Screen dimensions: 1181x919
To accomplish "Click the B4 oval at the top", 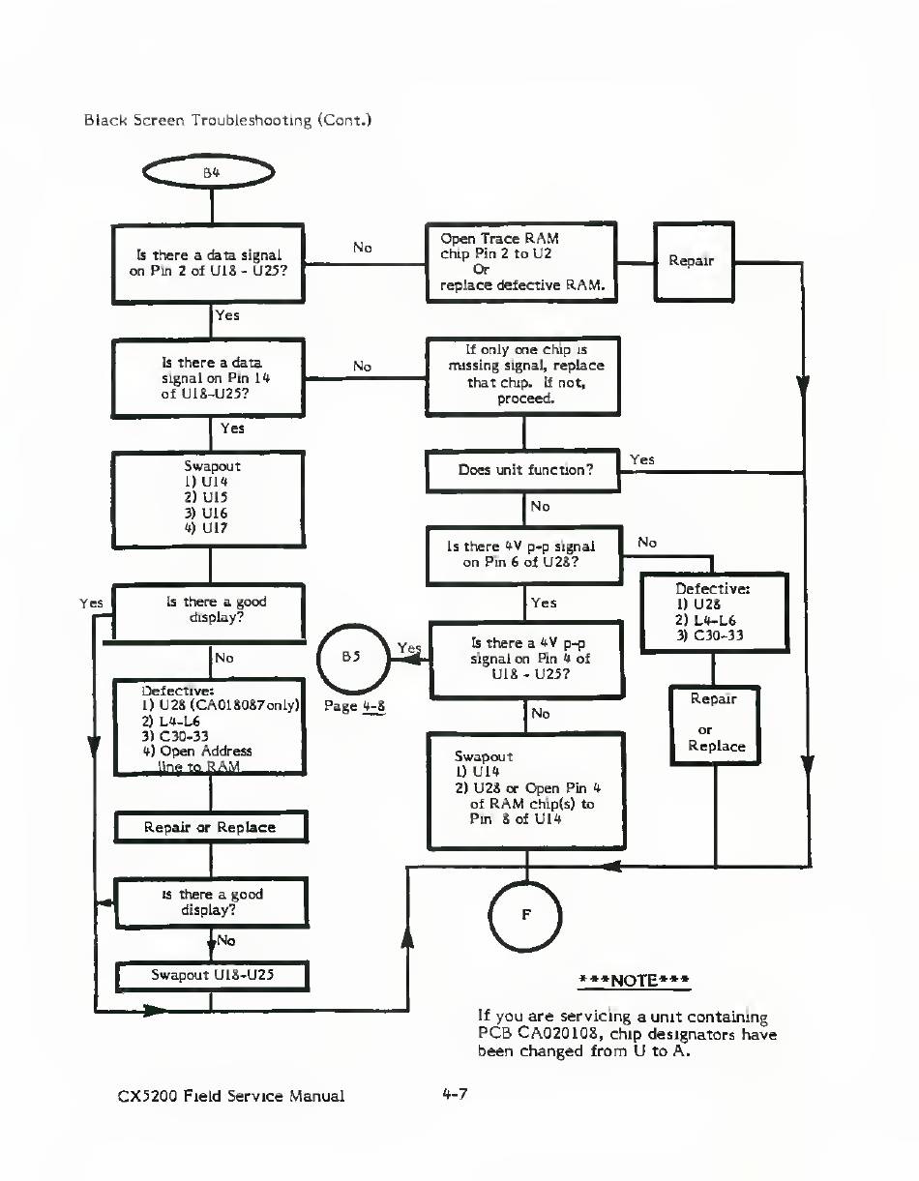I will (210, 174).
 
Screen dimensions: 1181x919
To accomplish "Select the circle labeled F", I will (525, 915).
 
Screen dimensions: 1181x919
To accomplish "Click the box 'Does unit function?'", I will (523, 471).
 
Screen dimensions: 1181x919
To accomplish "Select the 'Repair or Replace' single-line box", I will (210, 827).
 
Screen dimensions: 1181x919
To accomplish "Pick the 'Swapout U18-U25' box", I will (212, 975).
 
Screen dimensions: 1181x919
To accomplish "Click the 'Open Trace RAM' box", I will (521, 261).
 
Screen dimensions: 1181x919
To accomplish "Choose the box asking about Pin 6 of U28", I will (523, 554).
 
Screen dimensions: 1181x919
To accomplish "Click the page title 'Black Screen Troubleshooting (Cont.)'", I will (228, 121).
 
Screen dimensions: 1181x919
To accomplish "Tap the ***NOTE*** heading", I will (634, 979).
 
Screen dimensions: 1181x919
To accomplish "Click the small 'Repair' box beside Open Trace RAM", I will (693, 260).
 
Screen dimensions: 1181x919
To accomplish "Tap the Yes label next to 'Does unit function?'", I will (642, 459).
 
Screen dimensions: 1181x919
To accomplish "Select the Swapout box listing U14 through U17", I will (210, 498).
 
